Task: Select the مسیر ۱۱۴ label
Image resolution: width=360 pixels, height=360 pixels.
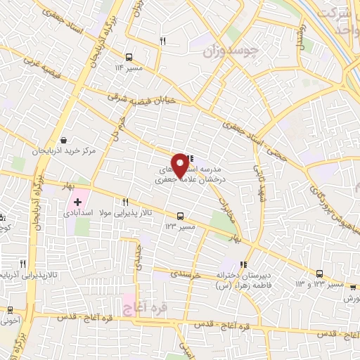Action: (x=129, y=69)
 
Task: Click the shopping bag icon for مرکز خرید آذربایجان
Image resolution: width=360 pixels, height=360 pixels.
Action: (x=65, y=140)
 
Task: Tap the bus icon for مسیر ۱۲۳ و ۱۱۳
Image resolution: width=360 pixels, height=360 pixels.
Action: (x=320, y=274)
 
